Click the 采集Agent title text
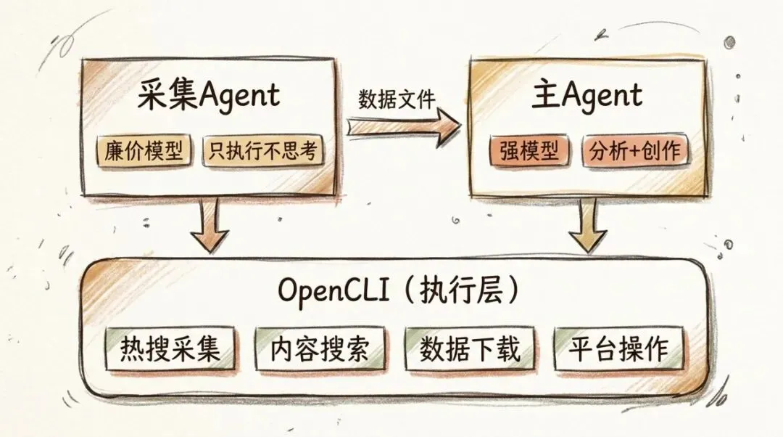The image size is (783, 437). point(209,96)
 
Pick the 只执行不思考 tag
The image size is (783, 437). point(262,151)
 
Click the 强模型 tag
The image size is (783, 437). point(529,151)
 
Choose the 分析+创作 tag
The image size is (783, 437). point(635,151)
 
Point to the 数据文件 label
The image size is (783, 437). point(397,99)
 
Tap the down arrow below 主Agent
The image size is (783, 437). point(587,224)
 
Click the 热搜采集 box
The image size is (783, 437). point(170,349)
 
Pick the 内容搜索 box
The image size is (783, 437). point(320,349)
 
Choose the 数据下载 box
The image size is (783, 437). point(470,349)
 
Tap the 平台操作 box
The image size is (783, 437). point(618,349)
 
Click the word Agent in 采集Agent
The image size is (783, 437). point(239,97)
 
